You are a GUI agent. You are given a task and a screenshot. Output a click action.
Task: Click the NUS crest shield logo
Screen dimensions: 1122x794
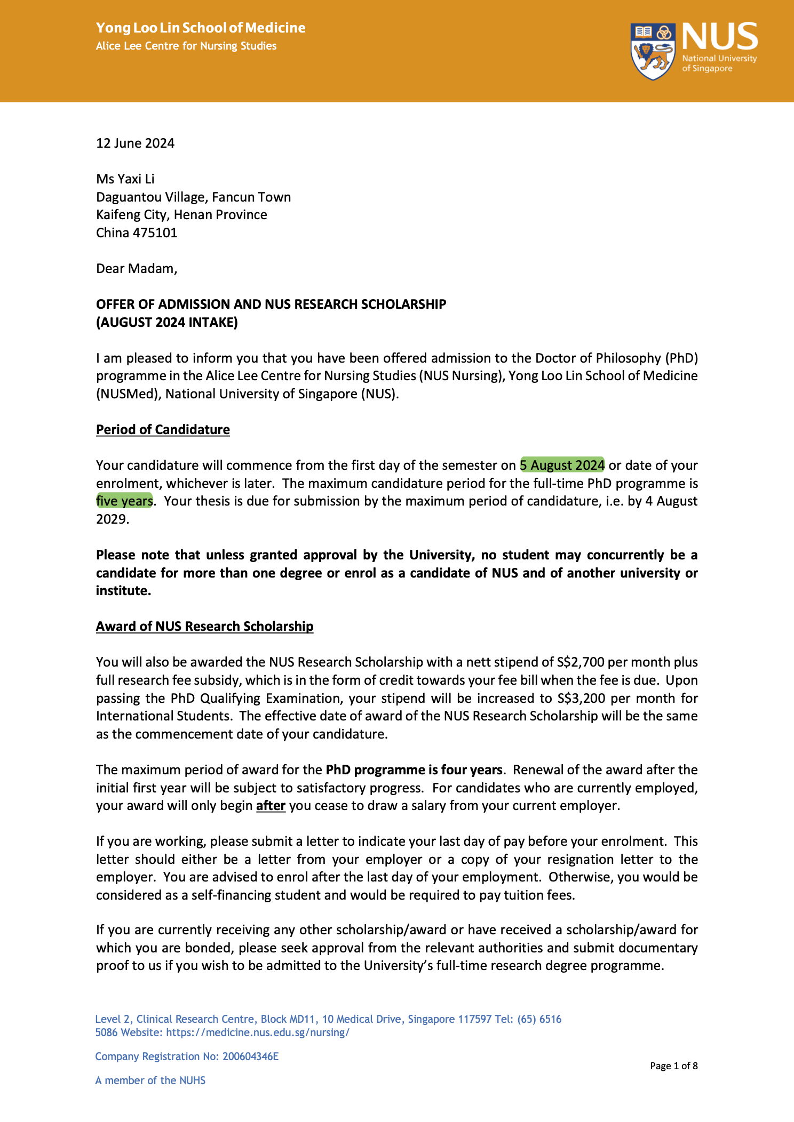[652, 51]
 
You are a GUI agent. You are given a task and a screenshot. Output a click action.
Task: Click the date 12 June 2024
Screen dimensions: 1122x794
[135, 143]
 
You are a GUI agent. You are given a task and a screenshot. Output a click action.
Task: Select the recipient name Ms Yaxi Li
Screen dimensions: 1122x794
[125, 179]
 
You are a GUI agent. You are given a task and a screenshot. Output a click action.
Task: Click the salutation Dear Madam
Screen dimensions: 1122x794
[136, 269]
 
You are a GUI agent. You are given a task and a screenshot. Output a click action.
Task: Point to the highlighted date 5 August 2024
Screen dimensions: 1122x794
[562, 466]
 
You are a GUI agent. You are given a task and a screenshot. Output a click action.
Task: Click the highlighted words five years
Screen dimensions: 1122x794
[124, 501]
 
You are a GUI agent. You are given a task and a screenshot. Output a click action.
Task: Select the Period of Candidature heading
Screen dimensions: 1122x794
[163, 430]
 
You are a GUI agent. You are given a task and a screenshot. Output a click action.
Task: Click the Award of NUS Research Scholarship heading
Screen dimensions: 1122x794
[204, 627]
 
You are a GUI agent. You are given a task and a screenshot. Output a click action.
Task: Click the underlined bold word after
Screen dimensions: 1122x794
[271, 806]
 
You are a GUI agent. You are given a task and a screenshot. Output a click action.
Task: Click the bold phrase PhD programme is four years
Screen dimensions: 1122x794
[414, 770]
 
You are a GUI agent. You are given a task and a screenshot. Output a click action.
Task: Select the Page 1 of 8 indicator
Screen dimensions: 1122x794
[673, 1066]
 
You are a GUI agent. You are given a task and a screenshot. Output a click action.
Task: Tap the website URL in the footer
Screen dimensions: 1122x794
[258, 1032]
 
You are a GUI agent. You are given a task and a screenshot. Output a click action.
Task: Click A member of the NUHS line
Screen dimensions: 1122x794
[150, 1080]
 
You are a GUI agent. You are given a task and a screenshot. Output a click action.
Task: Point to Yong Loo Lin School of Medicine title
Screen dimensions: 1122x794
[201, 28]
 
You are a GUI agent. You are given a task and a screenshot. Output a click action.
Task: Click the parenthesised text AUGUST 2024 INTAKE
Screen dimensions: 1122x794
[166, 323]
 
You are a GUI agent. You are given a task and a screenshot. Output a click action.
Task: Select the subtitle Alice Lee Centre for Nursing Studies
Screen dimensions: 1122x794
[186, 46]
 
